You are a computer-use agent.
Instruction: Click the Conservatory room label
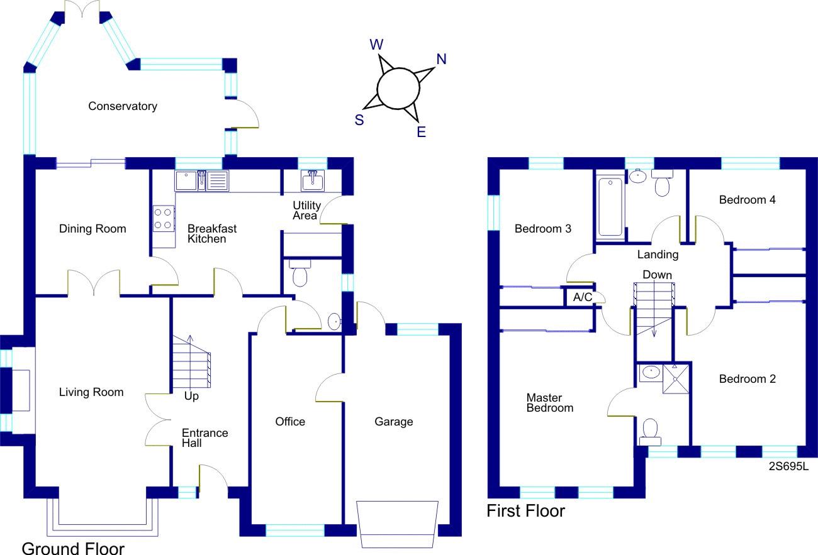pos(122,106)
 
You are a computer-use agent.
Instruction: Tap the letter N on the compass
pos(441,59)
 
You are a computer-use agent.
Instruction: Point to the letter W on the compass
pos(376,44)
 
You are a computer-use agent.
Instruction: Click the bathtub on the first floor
pos(610,207)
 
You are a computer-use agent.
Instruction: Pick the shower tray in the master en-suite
pos(676,378)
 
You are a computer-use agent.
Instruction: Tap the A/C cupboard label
pos(582,297)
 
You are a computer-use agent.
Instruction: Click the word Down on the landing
pos(657,275)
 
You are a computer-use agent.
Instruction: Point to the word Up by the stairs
pos(191,397)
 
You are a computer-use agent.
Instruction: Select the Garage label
pos(394,422)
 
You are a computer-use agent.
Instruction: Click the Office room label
pos(290,422)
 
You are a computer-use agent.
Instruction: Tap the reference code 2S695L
pos(788,467)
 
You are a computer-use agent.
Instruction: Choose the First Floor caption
pos(525,511)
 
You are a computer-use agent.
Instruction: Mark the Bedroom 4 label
pos(747,200)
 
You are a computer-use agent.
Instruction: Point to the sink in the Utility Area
pos(313,181)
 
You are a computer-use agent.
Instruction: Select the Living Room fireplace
pos(21,390)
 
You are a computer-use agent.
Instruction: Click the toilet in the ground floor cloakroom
pos(299,274)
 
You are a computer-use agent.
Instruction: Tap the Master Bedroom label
pos(549,403)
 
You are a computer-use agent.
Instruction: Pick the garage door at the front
pos(397,524)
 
